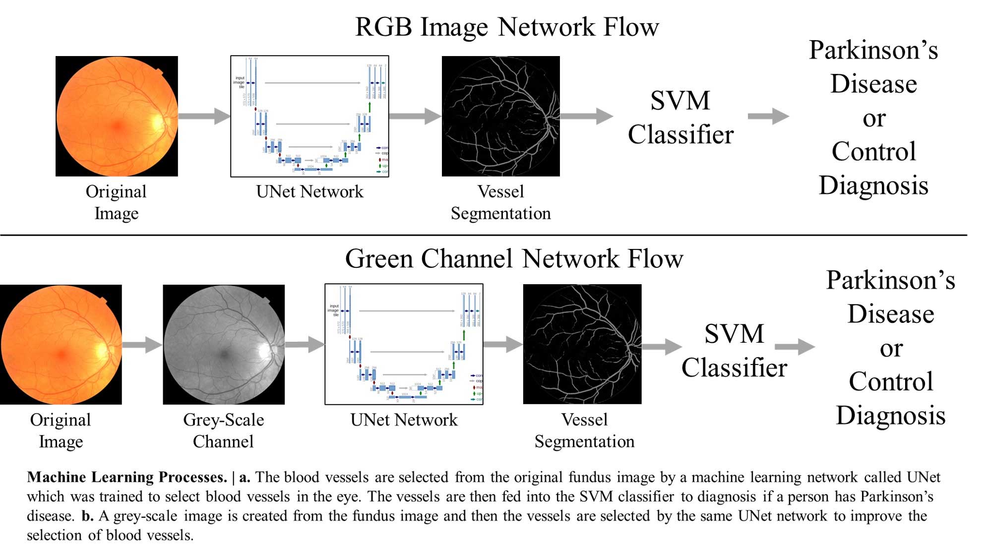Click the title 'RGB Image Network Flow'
pos(507,27)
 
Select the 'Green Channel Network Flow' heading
pos(514,259)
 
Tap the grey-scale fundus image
pos(224,345)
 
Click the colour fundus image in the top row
pos(117,116)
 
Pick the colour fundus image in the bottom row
pos(61,345)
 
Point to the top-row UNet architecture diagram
pos(309,116)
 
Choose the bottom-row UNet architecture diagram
pos(404,344)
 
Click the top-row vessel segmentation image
pos(500,116)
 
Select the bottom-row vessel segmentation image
pos(582,344)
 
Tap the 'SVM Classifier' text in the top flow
pos(680,118)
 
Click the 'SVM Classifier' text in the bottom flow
pos(734,351)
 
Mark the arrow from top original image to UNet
pos(204,116)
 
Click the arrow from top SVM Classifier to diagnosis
pos(768,116)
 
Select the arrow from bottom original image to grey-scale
pos(142,344)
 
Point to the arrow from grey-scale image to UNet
pos(305,344)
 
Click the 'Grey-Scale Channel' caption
pos(223,431)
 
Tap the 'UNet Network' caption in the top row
pos(309,192)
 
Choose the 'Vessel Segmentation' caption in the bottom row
pos(584,431)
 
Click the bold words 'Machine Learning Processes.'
pos(127,477)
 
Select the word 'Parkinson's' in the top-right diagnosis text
pos(873,51)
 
